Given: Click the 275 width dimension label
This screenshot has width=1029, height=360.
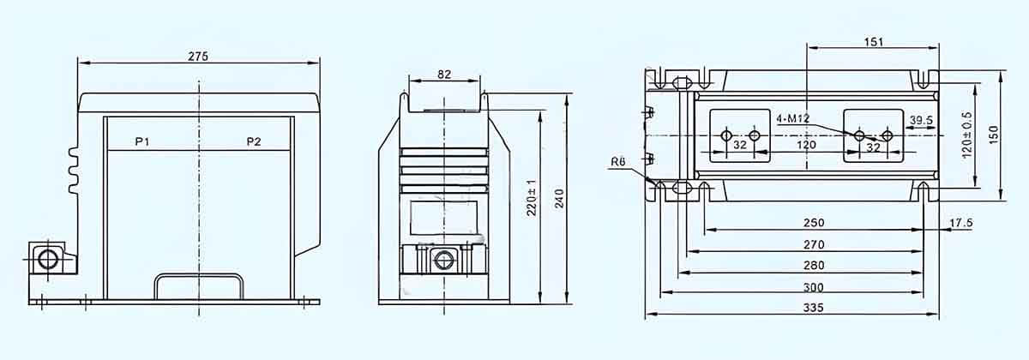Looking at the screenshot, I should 198,55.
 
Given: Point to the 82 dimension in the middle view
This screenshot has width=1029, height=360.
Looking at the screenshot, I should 443,75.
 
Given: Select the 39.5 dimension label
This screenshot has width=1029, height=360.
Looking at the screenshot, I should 922,121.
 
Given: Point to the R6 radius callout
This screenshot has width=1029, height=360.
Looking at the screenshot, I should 617,162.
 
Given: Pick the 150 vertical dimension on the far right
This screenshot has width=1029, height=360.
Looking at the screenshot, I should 995,135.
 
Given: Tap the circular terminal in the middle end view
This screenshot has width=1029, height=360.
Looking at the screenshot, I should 443,260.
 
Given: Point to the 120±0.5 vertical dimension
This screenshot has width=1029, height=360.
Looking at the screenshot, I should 966,135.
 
